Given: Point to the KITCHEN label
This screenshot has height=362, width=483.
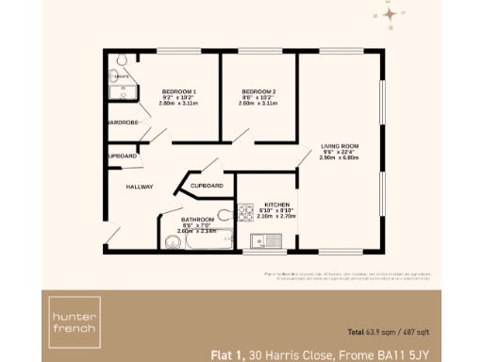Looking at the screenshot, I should (275, 204).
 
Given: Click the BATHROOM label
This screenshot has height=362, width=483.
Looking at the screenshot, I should (196, 220).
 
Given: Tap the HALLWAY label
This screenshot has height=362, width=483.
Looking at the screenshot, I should (140, 187).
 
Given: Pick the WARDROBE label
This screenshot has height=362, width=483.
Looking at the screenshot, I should (123, 123).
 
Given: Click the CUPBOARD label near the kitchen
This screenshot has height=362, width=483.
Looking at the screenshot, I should (207, 186).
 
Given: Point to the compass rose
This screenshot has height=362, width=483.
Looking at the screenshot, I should (389, 16).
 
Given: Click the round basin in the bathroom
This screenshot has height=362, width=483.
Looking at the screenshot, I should (172, 243).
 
